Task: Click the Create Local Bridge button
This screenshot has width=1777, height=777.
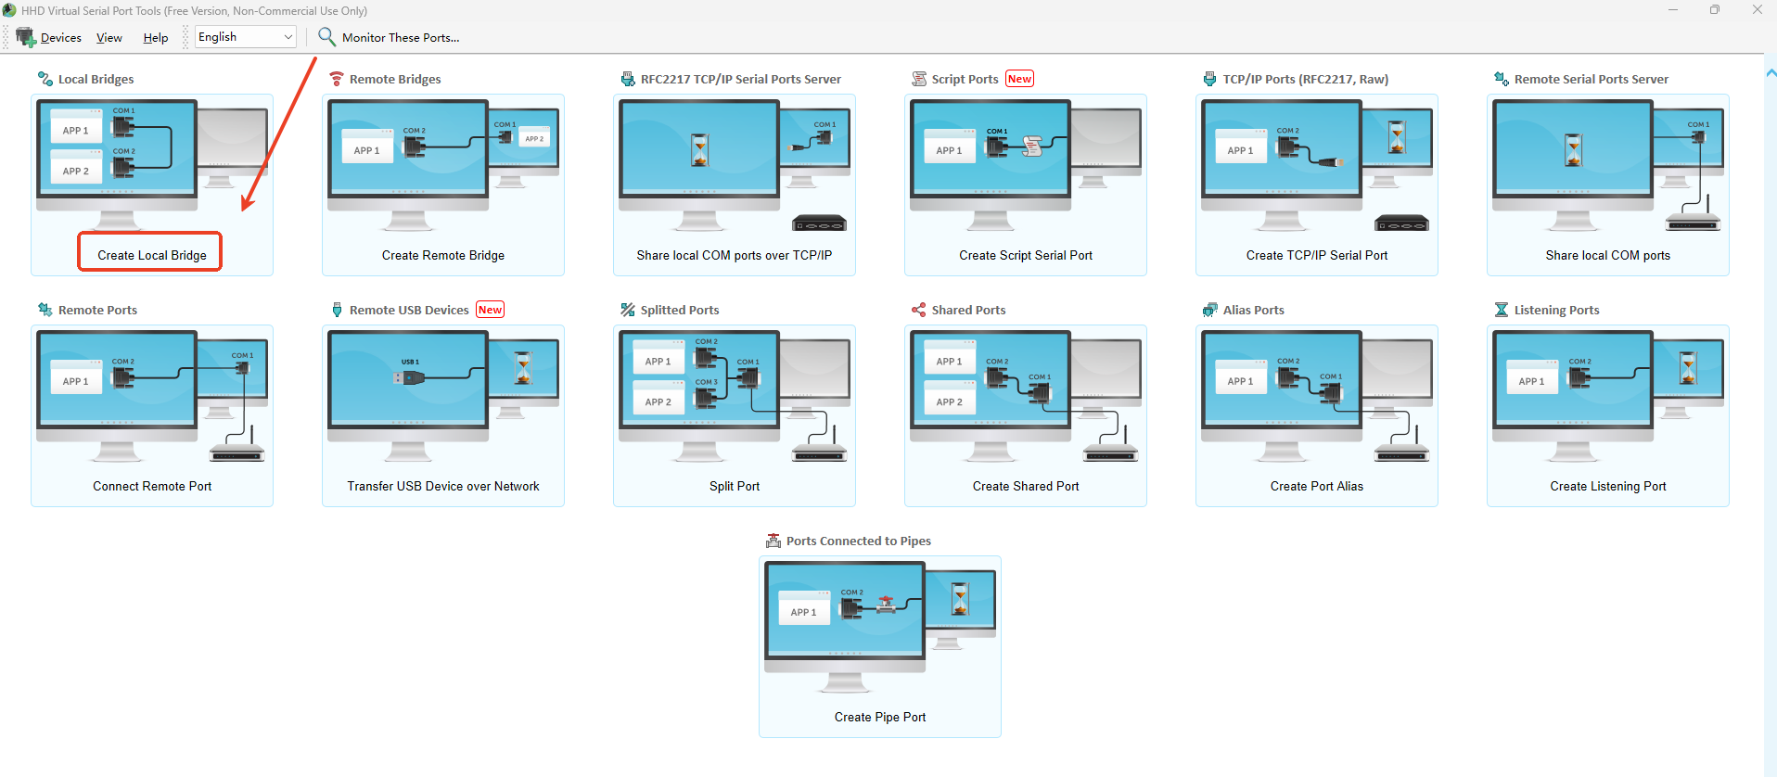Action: click(x=152, y=255)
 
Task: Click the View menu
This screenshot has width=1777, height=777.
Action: click(x=109, y=38)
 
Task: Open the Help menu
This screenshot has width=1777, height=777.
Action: click(x=156, y=38)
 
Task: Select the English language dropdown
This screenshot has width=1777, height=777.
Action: click(x=246, y=37)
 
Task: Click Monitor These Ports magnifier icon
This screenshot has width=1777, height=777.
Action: click(x=326, y=36)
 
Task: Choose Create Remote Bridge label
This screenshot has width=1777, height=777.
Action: click(x=443, y=255)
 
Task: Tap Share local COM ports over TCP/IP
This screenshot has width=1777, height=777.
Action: click(x=735, y=255)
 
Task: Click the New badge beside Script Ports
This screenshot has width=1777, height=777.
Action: click(x=1019, y=79)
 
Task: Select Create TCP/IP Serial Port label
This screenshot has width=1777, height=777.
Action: click(x=1317, y=255)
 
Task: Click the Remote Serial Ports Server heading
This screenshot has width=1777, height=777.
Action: click(x=1592, y=79)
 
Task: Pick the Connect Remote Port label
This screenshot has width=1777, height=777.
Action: click(x=152, y=486)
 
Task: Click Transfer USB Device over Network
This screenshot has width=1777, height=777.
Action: click(x=443, y=486)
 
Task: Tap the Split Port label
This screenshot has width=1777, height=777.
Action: click(x=735, y=486)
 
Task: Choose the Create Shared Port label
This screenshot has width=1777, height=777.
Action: click(x=1026, y=486)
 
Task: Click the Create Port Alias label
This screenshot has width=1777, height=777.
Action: click(x=1317, y=486)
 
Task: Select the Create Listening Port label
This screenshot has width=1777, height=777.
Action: click(x=1608, y=486)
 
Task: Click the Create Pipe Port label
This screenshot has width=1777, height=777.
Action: click(x=880, y=717)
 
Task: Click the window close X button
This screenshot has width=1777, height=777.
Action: click(x=1757, y=10)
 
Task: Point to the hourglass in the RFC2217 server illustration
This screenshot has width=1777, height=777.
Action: click(x=700, y=150)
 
